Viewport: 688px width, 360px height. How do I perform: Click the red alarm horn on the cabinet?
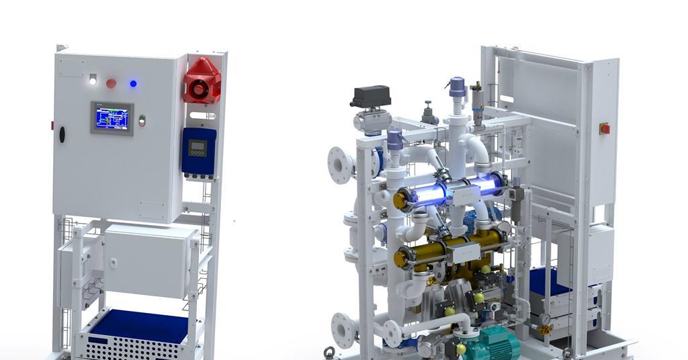click(x=202, y=81)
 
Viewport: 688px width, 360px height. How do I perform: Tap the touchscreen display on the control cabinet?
click(x=112, y=118)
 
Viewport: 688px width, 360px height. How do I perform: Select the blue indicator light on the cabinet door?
click(x=133, y=83)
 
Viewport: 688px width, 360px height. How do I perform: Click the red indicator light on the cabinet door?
click(x=111, y=83)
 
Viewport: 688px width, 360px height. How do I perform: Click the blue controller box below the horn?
click(x=199, y=150)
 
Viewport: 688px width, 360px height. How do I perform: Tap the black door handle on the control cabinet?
click(x=62, y=134)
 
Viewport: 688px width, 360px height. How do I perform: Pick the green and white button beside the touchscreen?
click(x=142, y=121)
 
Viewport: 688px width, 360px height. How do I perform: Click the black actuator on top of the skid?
click(x=370, y=96)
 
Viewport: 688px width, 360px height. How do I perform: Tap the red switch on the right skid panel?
click(x=605, y=128)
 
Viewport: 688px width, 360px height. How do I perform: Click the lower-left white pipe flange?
click(x=344, y=329)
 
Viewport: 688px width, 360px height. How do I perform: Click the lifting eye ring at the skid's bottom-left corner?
click(x=329, y=353)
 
